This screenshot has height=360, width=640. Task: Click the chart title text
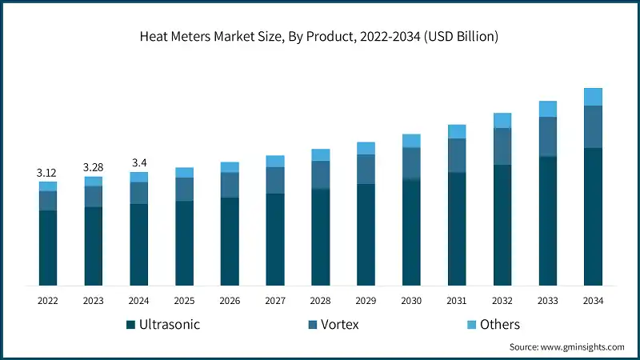point(320,37)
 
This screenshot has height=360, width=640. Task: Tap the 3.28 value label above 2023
point(94,167)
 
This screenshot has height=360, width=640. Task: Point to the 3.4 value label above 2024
point(139,163)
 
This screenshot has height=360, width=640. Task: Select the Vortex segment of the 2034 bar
point(593,126)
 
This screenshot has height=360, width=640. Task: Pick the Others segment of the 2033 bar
point(547,109)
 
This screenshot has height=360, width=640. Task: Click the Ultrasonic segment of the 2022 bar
point(48,248)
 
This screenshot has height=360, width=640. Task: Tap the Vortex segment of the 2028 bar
point(320,174)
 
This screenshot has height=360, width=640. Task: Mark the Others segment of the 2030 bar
point(411,141)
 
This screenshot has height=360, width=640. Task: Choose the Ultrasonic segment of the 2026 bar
point(230,241)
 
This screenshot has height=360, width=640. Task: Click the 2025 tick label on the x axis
point(184,301)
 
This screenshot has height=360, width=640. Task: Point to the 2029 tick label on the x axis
point(366,301)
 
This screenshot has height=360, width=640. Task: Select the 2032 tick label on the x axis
point(502,301)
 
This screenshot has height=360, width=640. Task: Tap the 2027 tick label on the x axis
point(275,301)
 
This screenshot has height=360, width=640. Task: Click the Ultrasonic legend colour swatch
point(130,325)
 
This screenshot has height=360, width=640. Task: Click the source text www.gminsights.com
point(582,347)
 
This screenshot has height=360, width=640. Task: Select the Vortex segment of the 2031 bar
point(457,155)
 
